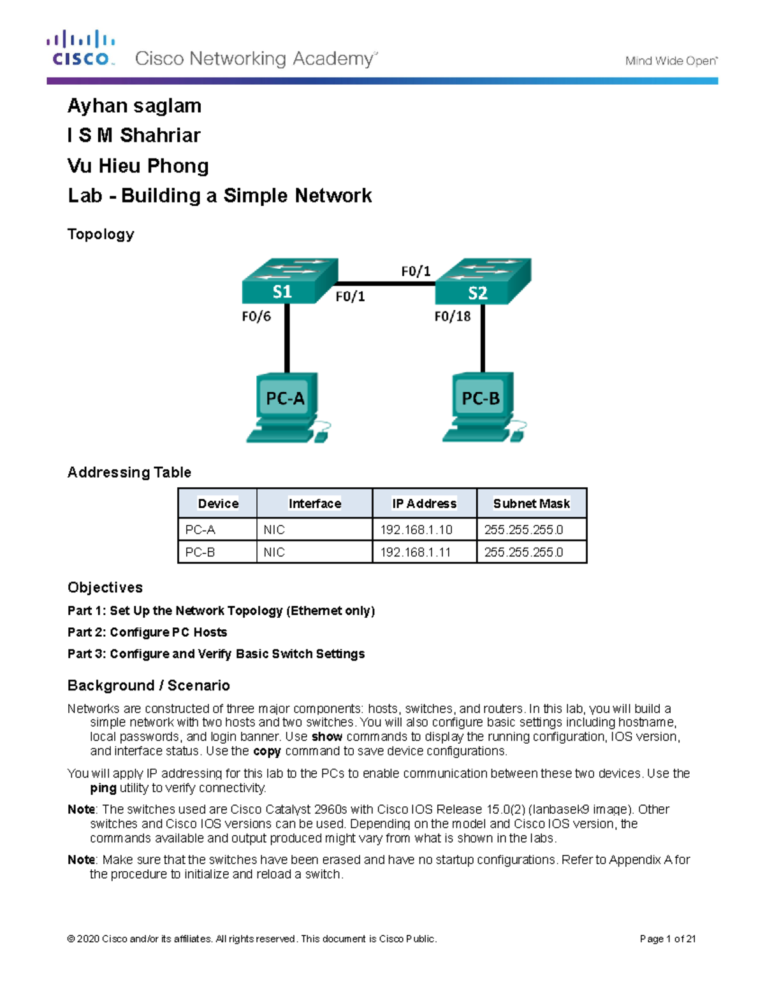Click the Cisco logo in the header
coord(80,48)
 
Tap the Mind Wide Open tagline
coord(671,61)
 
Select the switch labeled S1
coord(289,282)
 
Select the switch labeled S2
coord(483,282)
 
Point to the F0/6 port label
coord(256,317)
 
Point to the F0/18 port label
coord(452,317)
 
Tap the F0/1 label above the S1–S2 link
coord(416,271)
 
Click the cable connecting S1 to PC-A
coord(287,338)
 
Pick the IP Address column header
coord(424,504)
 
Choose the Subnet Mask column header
coord(531,504)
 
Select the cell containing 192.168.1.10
coord(416,530)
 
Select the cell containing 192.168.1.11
coord(416,552)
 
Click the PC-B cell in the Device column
coord(200,552)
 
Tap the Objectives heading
coord(105,587)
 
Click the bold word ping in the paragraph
coord(103,788)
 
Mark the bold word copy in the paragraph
coord(266,751)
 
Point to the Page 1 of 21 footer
coord(667,939)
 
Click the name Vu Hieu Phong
coord(138,166)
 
